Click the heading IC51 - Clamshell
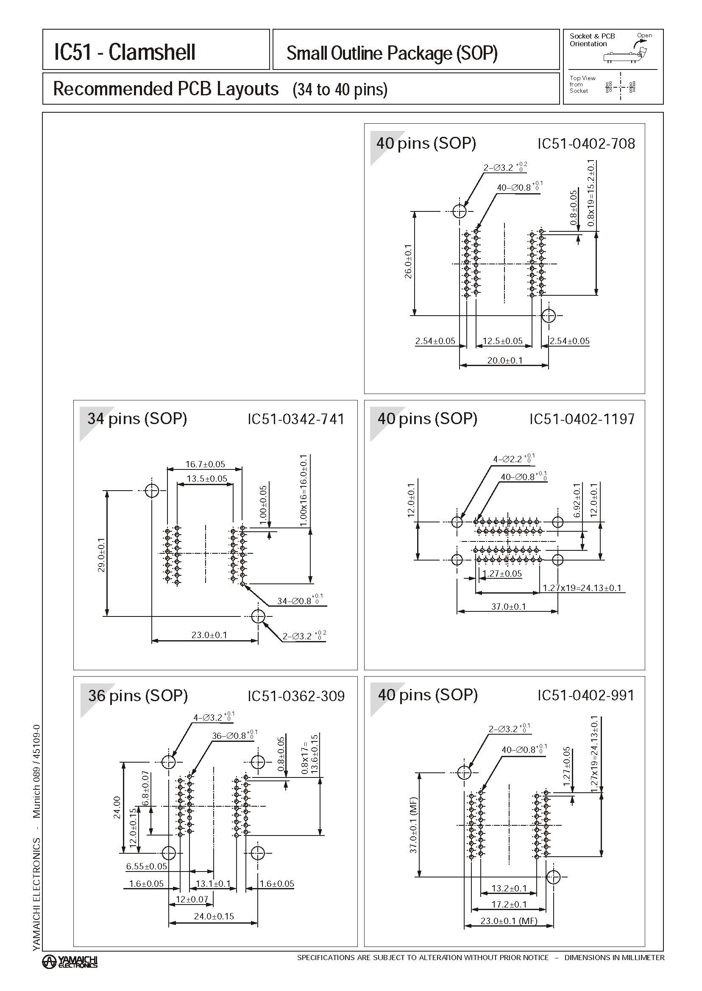pos(125,52)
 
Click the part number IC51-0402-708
pos(586,144)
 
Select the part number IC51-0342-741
pos(295,419)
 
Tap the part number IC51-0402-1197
pos(582,419)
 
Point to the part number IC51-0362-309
pos(295,696)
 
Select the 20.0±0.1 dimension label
pos(504,360)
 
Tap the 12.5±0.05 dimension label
pos(502,341)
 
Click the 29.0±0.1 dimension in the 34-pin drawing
pos(102,555)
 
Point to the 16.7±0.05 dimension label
pos(205,464)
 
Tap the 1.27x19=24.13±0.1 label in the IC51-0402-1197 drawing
pos(582,588)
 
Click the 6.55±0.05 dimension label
pos(147,866)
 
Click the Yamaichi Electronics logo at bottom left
pos(70,961)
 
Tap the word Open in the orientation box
pos(644,36)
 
